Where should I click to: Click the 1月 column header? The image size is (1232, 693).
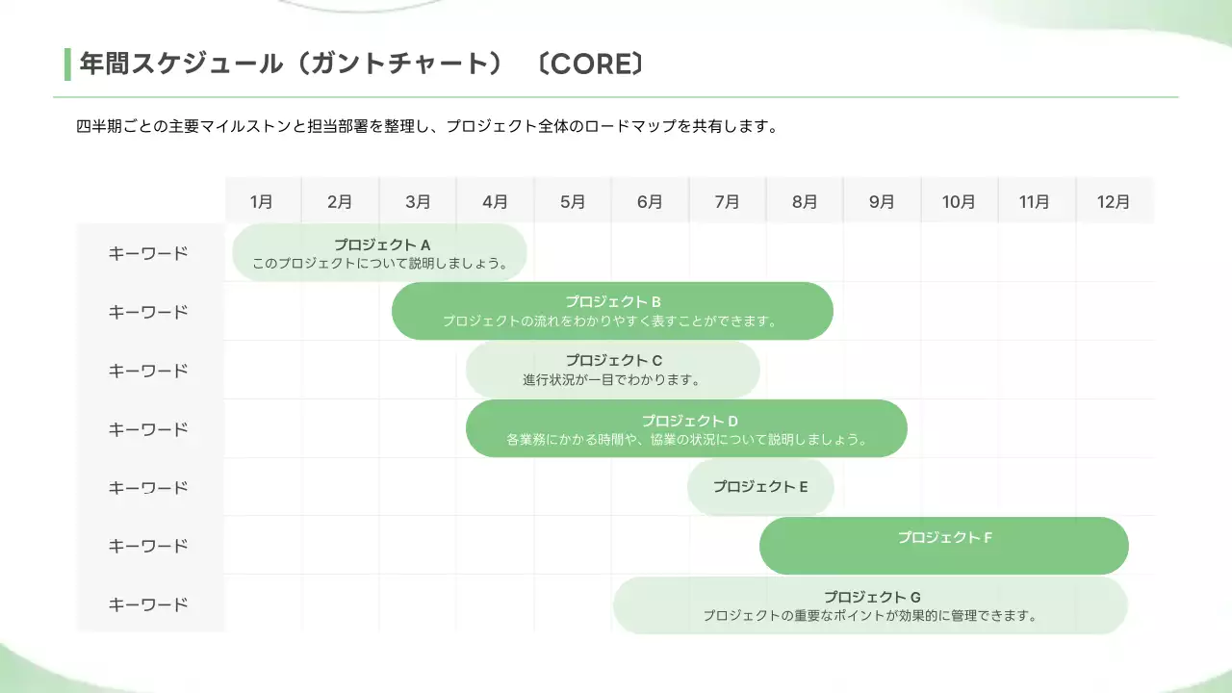(x=262, y=202)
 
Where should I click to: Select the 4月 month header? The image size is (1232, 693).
(x=495, y=202)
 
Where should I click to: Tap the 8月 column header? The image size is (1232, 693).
(x=805, y=202)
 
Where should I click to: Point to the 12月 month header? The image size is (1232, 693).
(x=1114, y=202)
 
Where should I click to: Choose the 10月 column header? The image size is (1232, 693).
(x=959, y=202)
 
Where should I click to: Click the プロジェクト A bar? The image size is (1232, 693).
(x=380, y=253)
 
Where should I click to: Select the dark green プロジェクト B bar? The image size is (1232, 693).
(x=612, y=311)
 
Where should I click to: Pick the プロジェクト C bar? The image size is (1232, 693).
(x=612, y=370)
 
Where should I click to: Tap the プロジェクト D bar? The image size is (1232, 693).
(x=686, y=428)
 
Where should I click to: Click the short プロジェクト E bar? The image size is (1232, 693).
(x=759, y=487)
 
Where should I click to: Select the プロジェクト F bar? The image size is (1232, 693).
(x=943, y=546)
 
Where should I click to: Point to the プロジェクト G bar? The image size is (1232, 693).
(x=870, y=605)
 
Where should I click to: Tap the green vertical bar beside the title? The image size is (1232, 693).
(x=67, y=64)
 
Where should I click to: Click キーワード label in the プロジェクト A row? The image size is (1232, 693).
(x=148, y=254)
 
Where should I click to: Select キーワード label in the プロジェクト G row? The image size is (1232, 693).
(x=148, y=605)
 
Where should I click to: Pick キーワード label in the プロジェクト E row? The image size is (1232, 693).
(x=148, y=488)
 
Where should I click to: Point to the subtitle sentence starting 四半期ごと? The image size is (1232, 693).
(x=425, y=126)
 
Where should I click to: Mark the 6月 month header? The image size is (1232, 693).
(x=650, y=202)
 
